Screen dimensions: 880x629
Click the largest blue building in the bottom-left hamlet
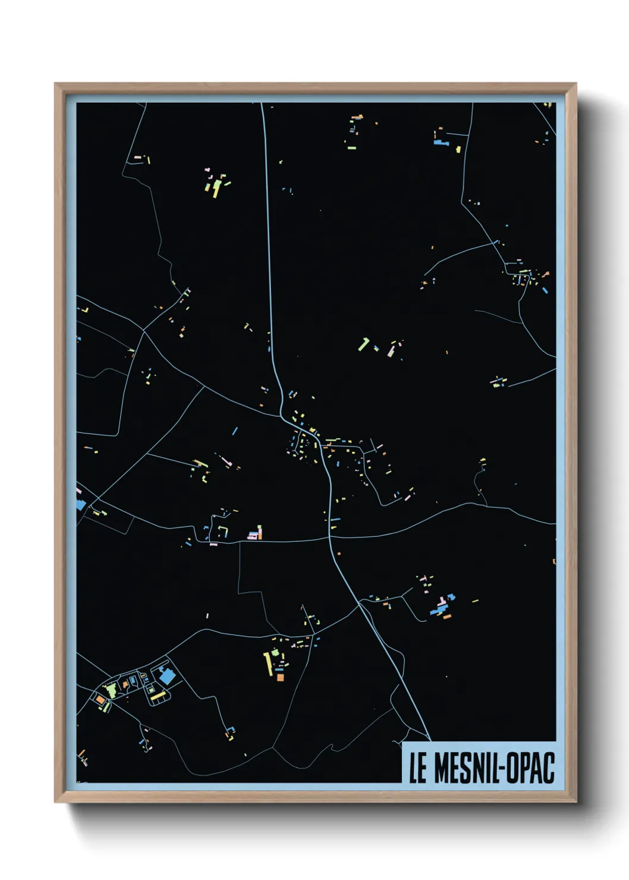[x=167, y=676]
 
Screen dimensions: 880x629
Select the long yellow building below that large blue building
[x=158, y=695]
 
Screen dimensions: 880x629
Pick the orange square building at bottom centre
[x=280, y=677]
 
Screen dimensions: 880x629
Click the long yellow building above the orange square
[x=268, y=662]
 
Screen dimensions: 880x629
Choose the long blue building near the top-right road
[x=441, y=143]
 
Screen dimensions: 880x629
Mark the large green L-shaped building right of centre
[x=363, y=343]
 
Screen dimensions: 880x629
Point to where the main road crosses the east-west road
[x=329, y=538]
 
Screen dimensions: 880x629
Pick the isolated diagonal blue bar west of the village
[x=235, y=430]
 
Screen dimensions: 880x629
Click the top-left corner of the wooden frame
[x=55, y=84]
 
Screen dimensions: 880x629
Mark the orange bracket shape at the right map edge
[x=554, y=561]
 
